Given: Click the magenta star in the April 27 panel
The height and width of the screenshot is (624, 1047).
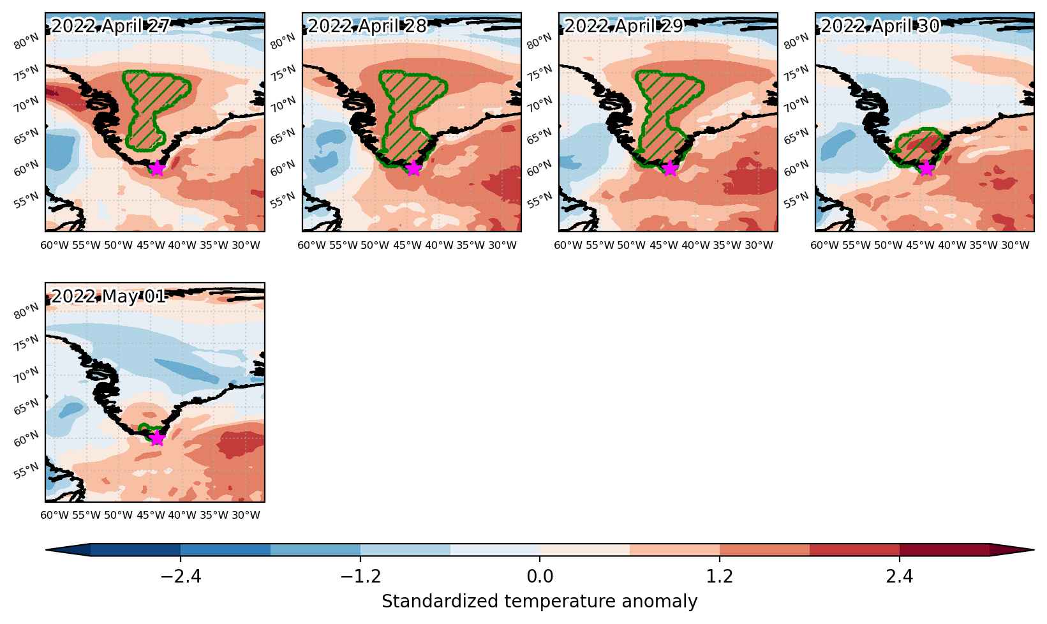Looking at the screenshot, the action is tap(157, 168).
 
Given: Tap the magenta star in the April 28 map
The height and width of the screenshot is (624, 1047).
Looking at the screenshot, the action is tap(413, 168).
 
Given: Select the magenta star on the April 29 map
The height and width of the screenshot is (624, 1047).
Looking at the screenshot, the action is tap(671, 168).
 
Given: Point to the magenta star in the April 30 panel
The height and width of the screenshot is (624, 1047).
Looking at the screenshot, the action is tap(926, 168).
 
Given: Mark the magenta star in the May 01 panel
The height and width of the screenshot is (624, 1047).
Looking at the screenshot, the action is tap(157, 438).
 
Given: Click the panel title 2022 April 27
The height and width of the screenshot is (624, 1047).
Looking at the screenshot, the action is tap(110, 26).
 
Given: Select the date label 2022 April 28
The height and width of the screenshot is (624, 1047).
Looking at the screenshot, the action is tap(368, 26).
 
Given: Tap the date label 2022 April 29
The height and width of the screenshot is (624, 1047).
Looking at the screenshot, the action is tap(624, 26).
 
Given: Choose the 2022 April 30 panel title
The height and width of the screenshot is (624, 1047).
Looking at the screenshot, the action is tap(880, 26).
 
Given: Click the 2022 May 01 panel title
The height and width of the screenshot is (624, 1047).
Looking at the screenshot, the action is tap(108, 296).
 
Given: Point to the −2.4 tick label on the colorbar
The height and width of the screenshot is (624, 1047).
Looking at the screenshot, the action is tap(181, 577).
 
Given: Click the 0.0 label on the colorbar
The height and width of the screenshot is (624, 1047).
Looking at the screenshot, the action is tap(540, 577).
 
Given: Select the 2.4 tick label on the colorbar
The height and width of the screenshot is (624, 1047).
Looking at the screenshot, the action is tap(900, 577).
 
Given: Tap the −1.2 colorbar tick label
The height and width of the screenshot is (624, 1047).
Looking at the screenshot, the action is tap(360, 577).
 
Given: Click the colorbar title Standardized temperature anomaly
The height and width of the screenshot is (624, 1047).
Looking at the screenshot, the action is tap(539, 601).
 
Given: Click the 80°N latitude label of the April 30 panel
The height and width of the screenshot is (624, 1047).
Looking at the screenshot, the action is tap(796, 41).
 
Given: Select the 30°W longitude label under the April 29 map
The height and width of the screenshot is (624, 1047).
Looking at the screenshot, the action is tap(759, 245).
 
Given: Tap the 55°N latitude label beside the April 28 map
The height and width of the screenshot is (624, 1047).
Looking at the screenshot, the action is tap(283, 200).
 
